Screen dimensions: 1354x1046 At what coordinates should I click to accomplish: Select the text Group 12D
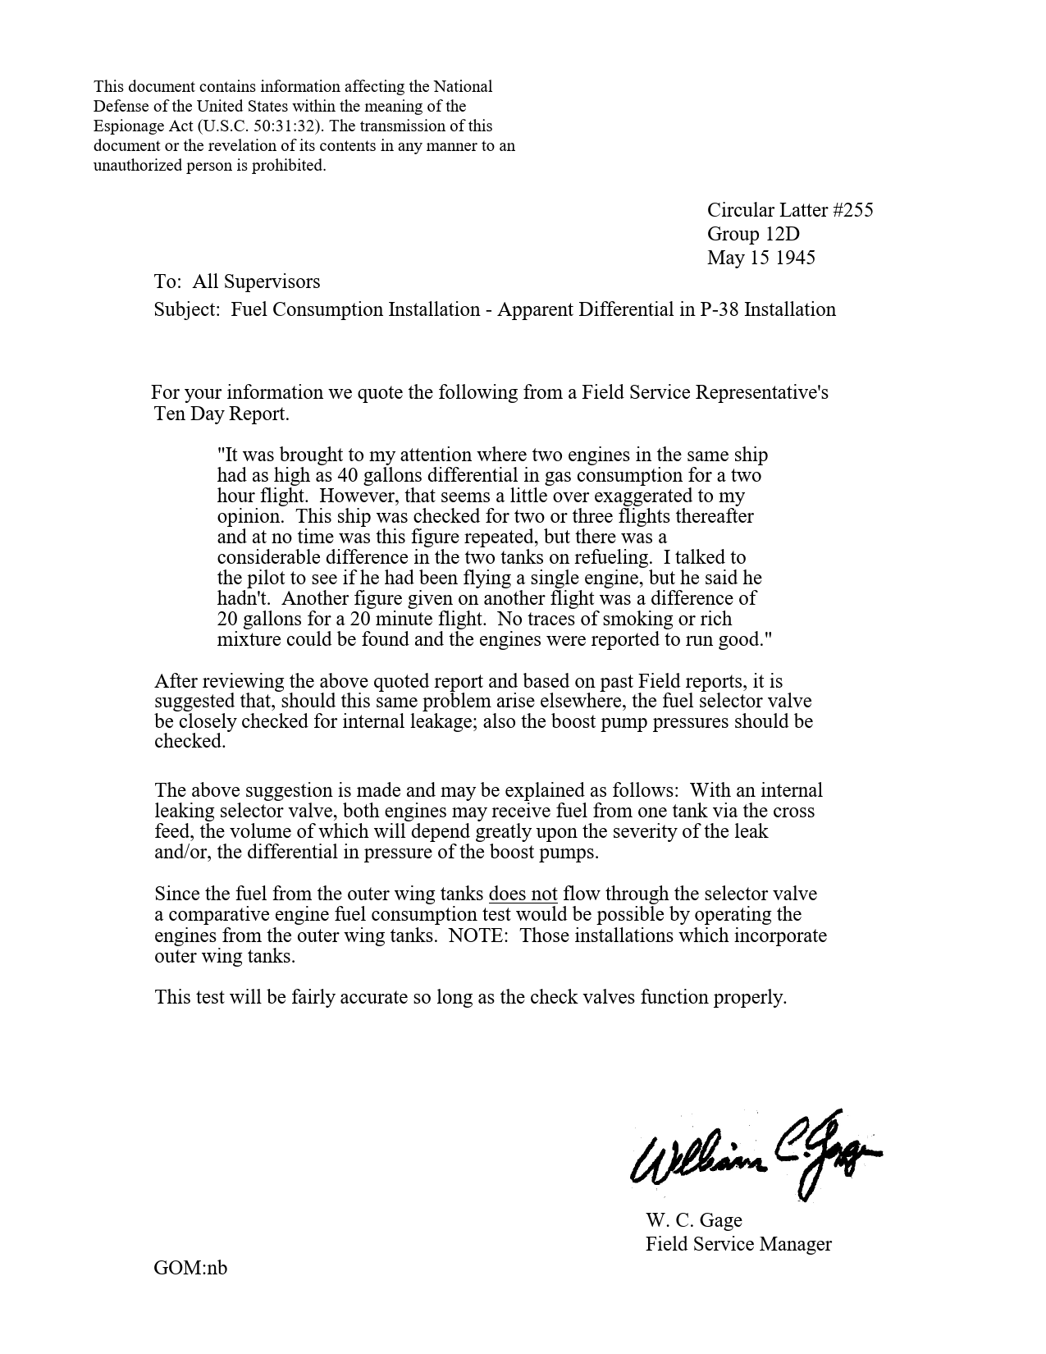[x=753, y=234]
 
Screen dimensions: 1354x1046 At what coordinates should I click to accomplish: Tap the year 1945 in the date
[x=795, y=258]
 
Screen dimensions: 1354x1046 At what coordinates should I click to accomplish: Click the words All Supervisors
[x=256, y=282]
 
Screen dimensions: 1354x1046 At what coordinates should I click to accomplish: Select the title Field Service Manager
[x=738, y=1244]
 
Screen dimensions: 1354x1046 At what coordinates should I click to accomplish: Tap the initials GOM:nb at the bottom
[x=190, y=1268]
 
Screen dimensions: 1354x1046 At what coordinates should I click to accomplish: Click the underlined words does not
[x=523, y=894]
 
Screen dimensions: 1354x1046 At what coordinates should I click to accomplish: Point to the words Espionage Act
[x=144, y=126]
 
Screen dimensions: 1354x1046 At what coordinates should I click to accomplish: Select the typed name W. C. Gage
[x=693, y=1220]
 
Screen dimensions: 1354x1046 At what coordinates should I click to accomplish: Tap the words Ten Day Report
[x=222, y=414]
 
